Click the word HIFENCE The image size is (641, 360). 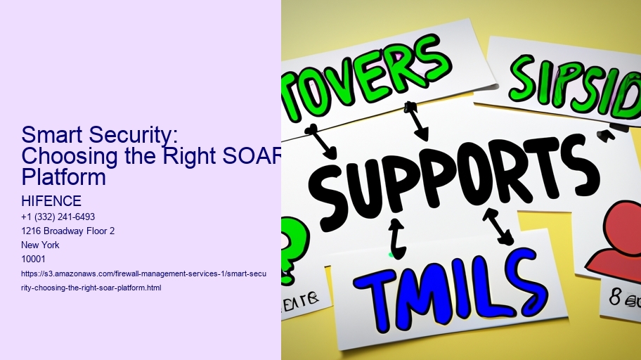tap(52, 202)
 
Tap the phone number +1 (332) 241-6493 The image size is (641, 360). tap(58, 217)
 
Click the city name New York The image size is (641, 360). tap(40, 245)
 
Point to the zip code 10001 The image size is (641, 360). tap(33, 259)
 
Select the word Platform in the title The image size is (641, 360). tap(64, 176)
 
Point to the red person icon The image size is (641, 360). tap(615, 239)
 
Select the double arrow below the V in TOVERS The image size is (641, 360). tap(416, 120)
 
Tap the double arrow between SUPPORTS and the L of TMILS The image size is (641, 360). tap(498, 226)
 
